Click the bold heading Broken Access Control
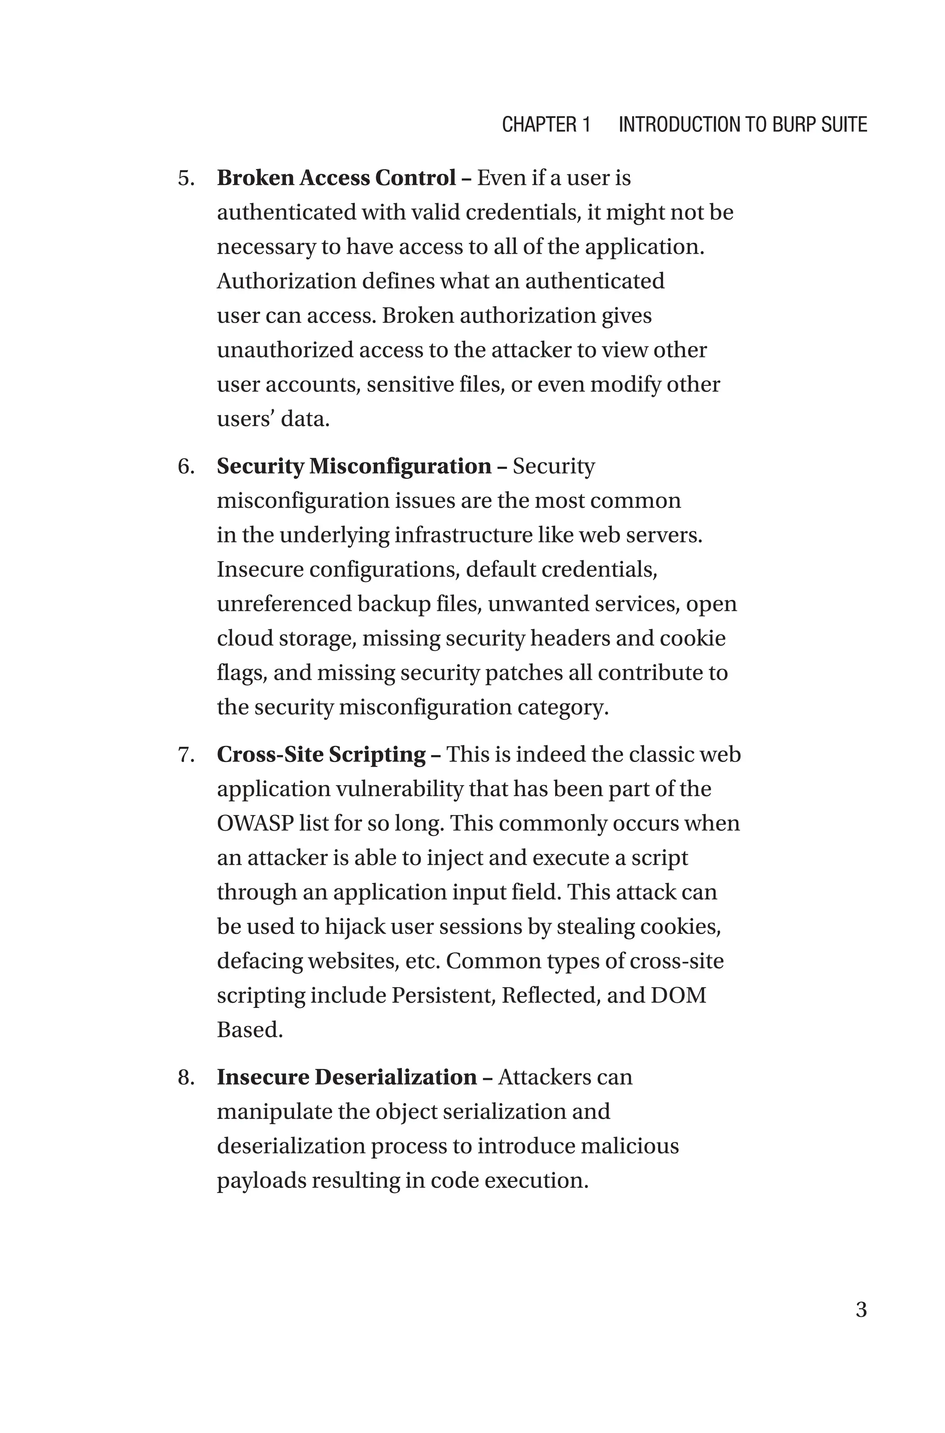(336, 178)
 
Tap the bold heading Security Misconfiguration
(354, 467)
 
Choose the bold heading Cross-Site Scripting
(321, 755)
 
